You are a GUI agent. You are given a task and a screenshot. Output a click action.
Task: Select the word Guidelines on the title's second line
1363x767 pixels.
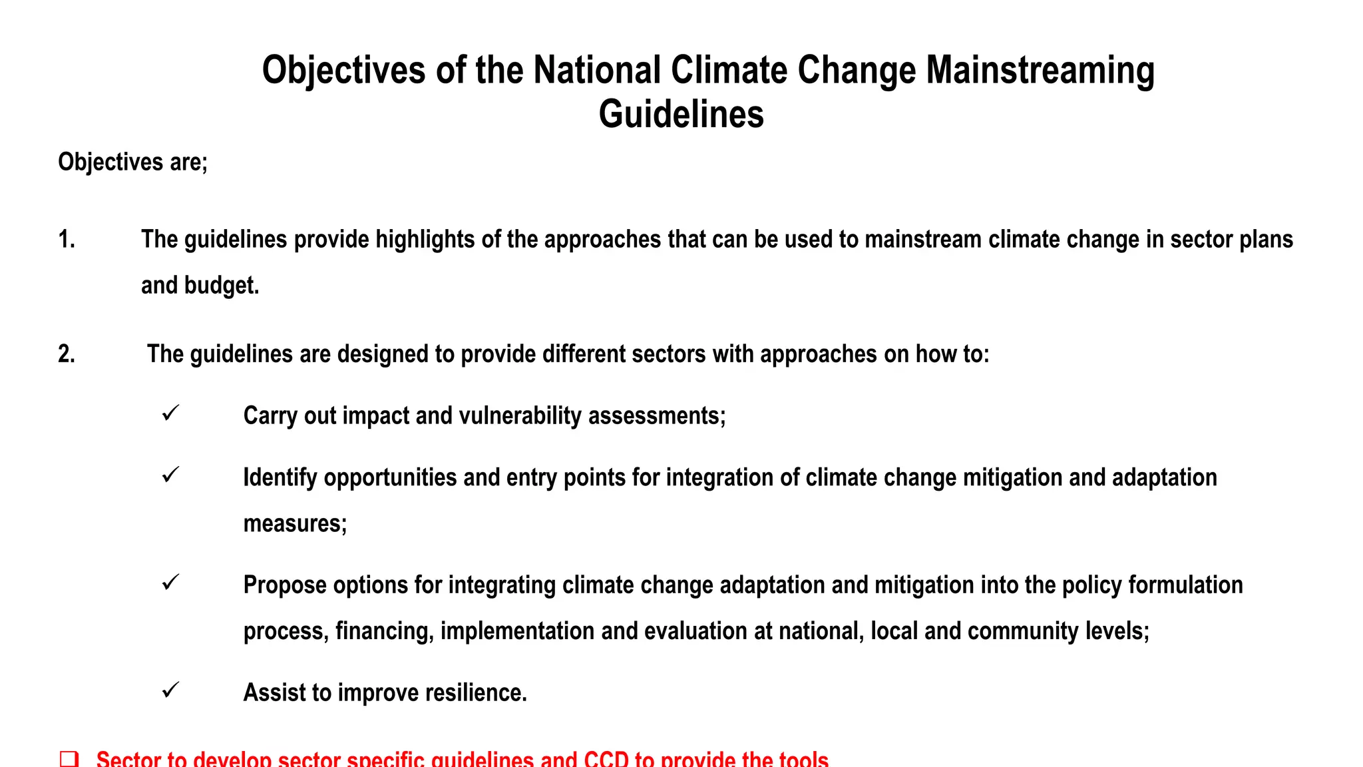point(681,115)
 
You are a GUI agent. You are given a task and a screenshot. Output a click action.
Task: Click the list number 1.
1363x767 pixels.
point(66,240)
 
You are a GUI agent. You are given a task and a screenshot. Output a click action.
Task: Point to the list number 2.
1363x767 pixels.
point(66,354)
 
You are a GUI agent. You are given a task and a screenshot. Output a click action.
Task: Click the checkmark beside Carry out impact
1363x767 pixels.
point(170,413)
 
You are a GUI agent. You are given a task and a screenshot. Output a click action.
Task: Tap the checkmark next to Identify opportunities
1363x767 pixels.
point(170,475)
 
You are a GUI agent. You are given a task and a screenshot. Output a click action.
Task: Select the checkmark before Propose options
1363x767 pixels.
point(170,583)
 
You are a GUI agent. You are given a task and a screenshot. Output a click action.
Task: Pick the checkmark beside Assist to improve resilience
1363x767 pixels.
point(170,690)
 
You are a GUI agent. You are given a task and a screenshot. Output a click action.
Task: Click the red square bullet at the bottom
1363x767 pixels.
point(69,759)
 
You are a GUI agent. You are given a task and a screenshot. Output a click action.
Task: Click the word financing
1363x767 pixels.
point(384,631)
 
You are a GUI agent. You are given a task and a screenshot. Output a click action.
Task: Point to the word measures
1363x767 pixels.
point(295,524)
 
